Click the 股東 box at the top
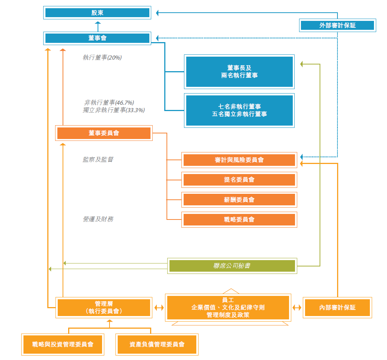pos(97,13)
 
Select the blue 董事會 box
pos(97,38)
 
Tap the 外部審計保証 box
pos(337,25)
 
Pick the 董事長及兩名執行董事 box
pos(239,72)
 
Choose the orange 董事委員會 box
pos(104,133)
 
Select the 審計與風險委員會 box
pos(239,160)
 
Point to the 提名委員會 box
pos(239,180)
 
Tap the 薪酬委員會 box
pos(239,200)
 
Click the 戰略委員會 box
pos(239,220)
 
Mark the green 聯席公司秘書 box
pos(232,266)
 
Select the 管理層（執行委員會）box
pos(104,307)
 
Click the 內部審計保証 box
pos(337,307)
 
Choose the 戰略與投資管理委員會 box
pos(63,344)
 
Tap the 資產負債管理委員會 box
pos(157,344)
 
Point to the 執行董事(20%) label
pos(102,58)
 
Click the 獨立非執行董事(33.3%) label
pos(114,110)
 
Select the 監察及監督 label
pos(98,160)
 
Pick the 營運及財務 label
pos(98,219)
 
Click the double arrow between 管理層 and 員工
pos(159,307)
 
